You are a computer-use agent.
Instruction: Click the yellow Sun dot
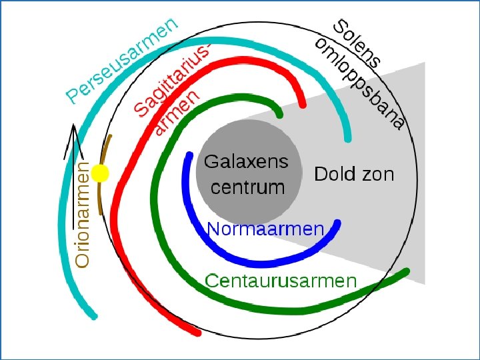99,174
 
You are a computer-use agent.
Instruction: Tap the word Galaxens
246,161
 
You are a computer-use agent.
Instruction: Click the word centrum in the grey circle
247,187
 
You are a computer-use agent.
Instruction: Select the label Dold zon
354,175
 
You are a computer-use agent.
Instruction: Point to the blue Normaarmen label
265,229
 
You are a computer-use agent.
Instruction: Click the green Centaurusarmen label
281,281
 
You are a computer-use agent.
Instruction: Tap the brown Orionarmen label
83,213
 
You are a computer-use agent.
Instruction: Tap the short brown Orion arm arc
103,177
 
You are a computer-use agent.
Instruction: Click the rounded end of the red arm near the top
302,103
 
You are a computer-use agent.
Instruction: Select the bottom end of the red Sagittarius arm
196,331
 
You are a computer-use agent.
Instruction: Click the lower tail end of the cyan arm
93,314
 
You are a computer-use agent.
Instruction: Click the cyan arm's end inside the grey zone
347,138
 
